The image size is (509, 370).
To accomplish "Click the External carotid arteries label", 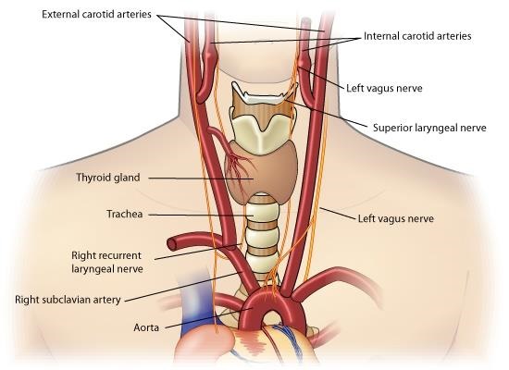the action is click(x=96, y=14).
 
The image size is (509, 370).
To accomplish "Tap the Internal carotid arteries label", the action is click(x=417, y=36).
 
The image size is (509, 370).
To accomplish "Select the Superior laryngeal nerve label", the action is click(x=429, y=128).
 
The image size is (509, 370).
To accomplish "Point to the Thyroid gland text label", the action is click(x=108, y=178).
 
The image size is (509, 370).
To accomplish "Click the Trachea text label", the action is click(x=125, y=214).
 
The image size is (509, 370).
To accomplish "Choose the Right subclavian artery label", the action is click(x=68, y=300).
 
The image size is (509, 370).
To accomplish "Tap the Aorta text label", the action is click(x=146, y=327).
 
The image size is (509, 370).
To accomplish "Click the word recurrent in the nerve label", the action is click(x=119, y=255).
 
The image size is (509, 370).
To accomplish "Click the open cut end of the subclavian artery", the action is click(x=172, y=243).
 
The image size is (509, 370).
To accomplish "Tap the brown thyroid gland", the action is click(x=262, y=174).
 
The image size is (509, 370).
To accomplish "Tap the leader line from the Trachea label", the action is click(x=201, y=216).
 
